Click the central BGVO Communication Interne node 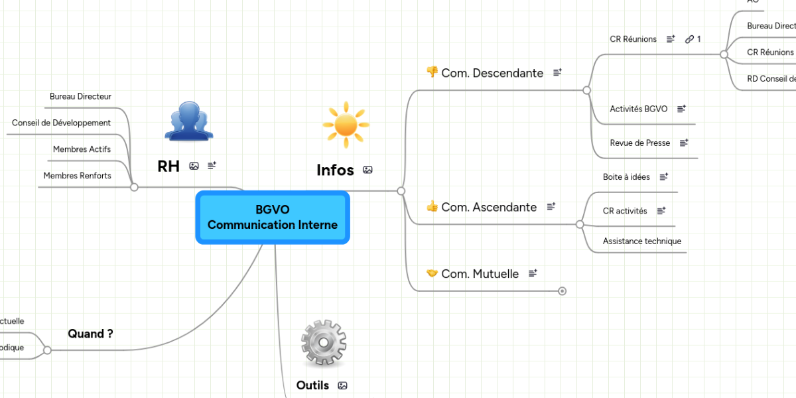point(272,218)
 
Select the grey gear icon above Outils point(323,343)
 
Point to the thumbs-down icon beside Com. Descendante point(432,72)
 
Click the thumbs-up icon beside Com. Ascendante point(432,206)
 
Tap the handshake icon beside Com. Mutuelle point(432,273)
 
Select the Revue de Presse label point(639,143)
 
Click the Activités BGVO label point(638,109)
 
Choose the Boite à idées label point(626,177)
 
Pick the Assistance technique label point(641,241)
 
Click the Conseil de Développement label point(61,123)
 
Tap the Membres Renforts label point(77,176)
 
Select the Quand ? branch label point(90,334)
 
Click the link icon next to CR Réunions point(689,39)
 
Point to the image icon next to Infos point(367,170)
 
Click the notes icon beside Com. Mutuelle point(533,273)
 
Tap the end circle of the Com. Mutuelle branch point(563,291)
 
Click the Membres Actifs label point(82,149)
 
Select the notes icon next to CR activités point(661,211)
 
